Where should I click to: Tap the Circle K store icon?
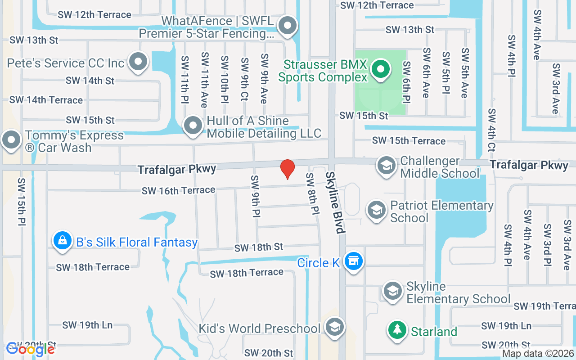pos(354,261)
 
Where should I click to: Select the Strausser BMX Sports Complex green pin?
pos(381,70)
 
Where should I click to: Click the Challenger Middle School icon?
pos(386,166)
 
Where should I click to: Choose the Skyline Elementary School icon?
pos(393,292)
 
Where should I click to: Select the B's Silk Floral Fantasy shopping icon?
pos(63,241)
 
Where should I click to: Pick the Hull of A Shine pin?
pos(193,126)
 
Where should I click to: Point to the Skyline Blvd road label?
pos(335,202)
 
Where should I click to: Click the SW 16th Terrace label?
pos(178,191)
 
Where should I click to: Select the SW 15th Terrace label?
pos(409,141)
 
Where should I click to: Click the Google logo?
pos(31,349)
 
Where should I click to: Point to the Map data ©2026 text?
pos(538,354)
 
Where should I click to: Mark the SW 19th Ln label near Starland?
pos(506,326)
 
